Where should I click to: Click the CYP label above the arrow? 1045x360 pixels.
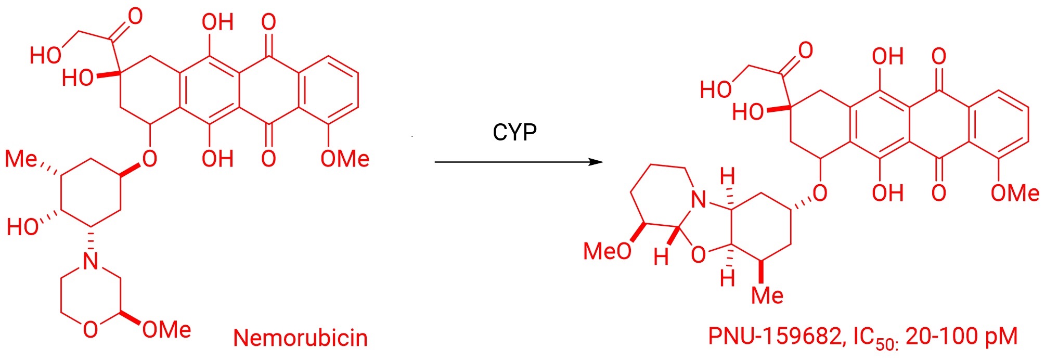click(514, 132)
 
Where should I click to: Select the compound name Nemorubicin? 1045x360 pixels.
click(300, 338)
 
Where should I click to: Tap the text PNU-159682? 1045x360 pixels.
click(774, 337)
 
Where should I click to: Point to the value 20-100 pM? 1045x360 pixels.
click(961, 337)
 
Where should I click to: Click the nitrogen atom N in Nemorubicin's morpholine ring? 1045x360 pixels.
click(91, 261)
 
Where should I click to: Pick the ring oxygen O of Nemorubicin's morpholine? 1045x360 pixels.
click(91, 329)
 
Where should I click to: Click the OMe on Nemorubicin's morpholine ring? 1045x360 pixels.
click(166, 329)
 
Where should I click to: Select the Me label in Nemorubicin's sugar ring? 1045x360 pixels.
click(21, 159)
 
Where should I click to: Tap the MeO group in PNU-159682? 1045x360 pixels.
click(607, 251)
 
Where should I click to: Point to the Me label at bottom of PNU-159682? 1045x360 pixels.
click(767, 295)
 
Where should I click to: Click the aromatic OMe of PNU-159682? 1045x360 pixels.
click(1015, 193)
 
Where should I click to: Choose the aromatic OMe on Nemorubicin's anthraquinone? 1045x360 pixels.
click(345, 159)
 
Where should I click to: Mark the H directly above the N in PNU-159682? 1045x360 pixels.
click(727, 176)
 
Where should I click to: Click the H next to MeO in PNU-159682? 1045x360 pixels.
click(661, 256)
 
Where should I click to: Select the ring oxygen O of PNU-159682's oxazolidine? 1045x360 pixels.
click(699, 254)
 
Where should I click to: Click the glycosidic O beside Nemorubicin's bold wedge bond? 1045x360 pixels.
click(150, 159)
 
